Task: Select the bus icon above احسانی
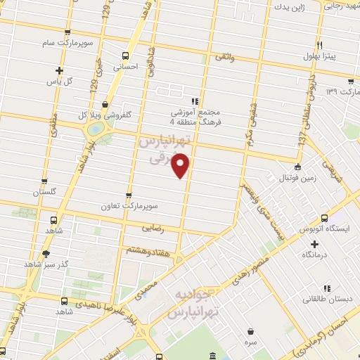pyautogui.click(x=126, y=56)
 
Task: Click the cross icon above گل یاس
pyautogui.click(x=59, y=70)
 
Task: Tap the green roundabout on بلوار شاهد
pyautogui.click(x=94, y=129)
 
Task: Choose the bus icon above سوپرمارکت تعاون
pyautogui.click(x=128, y=195)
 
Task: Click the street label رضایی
pyautogui.click(x=153, y=228)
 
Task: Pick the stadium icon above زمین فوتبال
pyautogui.click(x=298, y=167)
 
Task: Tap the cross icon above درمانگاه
pyautogui.click(x=314, y=243)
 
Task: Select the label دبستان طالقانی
pyautogui.click(x=328, y=299)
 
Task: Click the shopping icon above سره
pyautogui.click(x=251, y=330)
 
